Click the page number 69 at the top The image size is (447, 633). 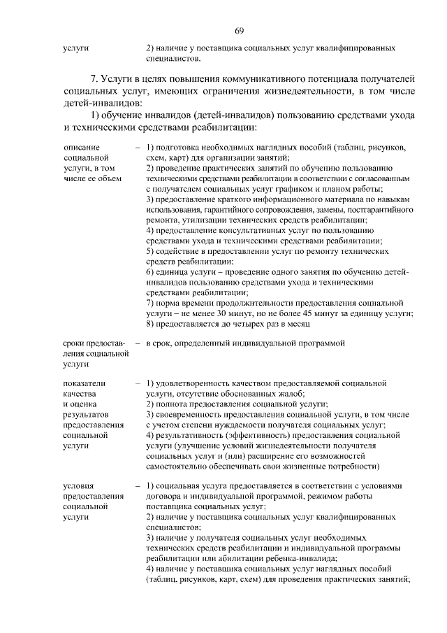pos(239,30)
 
